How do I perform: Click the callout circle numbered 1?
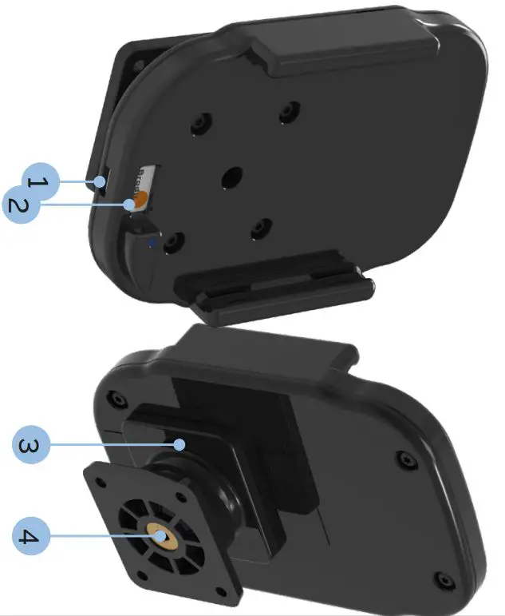[x=38, y=182]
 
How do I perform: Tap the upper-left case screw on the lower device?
[x=119, y=398]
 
